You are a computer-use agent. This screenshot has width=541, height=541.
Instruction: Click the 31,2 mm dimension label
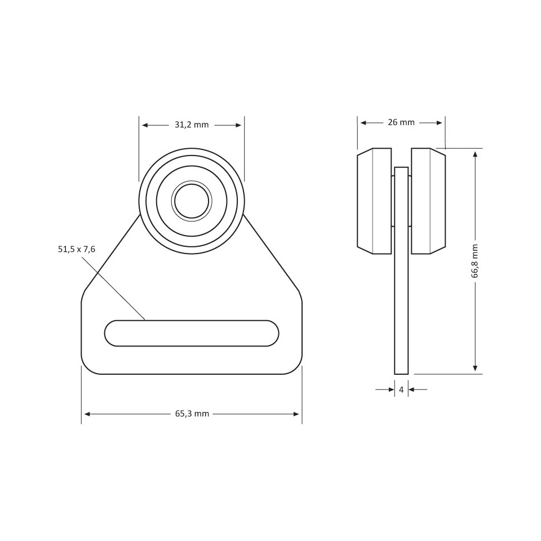(192, 125)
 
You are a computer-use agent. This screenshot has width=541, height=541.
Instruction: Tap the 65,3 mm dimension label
(192, 414)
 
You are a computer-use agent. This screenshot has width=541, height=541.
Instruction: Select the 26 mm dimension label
(401, 122)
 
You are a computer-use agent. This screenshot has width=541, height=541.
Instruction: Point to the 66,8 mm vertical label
(475, 261)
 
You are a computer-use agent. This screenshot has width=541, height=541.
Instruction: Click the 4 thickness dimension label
(401, 390)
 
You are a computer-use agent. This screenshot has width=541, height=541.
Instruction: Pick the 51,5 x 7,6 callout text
(77, 249)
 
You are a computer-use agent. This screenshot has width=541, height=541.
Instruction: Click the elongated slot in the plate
(192, 333)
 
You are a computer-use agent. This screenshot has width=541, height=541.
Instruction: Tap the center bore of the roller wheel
(192, 201)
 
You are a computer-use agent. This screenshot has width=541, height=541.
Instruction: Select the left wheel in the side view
(374, 201)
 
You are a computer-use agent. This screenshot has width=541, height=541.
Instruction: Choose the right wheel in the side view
(428, 201)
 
